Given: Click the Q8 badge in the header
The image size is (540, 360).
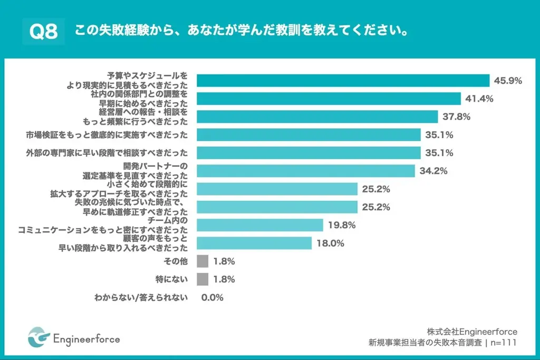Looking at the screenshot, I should point(43,31).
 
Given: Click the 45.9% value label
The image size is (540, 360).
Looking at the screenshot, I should point(508,81).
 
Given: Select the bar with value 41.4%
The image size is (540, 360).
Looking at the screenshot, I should point(329,99).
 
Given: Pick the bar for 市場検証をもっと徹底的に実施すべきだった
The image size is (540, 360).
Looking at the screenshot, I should point(308,135).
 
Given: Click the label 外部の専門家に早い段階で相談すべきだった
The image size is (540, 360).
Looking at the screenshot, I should point(107,153).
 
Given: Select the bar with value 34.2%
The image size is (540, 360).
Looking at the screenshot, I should point(306,171).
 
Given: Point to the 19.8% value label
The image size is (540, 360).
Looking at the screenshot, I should point(342,225).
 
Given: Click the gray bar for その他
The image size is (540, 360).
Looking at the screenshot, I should point(202,261).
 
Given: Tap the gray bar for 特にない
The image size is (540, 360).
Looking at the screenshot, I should point(202,279).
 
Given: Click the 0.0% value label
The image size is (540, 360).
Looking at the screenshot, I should point(213,297).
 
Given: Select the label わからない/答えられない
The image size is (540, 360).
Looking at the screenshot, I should point(141,297).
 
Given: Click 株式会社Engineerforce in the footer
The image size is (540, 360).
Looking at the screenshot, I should point(472,332).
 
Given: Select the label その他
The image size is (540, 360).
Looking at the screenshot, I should point(177,261).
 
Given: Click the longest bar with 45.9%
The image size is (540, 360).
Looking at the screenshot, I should point(343,81).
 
